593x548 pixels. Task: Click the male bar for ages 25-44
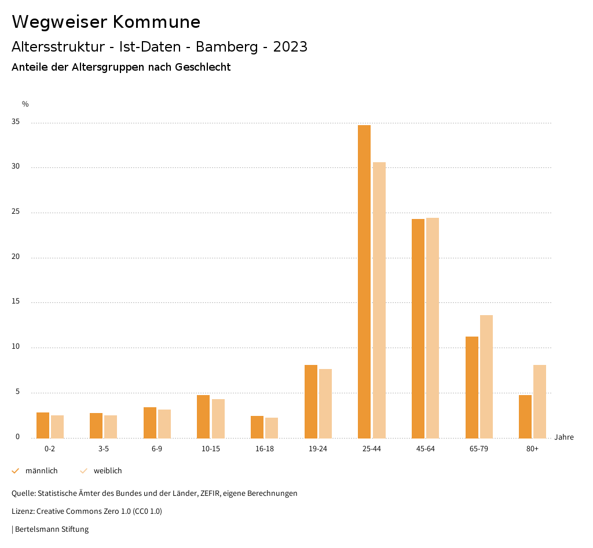coord(364,282)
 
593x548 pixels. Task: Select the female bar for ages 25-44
coord(379,300)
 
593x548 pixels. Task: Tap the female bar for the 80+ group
coord(540,401)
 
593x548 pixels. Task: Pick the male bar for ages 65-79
coord(472,387)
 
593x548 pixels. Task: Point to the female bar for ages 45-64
coord(433,328)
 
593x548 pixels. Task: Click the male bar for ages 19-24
coord(311,401)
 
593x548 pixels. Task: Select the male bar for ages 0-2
coord(43,425)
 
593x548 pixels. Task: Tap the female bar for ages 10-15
coord(218,418)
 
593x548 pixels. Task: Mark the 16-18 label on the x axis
coord(265,449)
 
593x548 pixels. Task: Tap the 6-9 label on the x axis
coord(157,449)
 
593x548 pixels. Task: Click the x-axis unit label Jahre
coord(564,437)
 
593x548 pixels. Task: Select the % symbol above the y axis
coord(25,104)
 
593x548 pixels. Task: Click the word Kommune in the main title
coord(156,22)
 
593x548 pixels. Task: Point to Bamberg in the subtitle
coord(228,47)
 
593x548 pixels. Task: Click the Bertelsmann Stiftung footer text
coord(52,529)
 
